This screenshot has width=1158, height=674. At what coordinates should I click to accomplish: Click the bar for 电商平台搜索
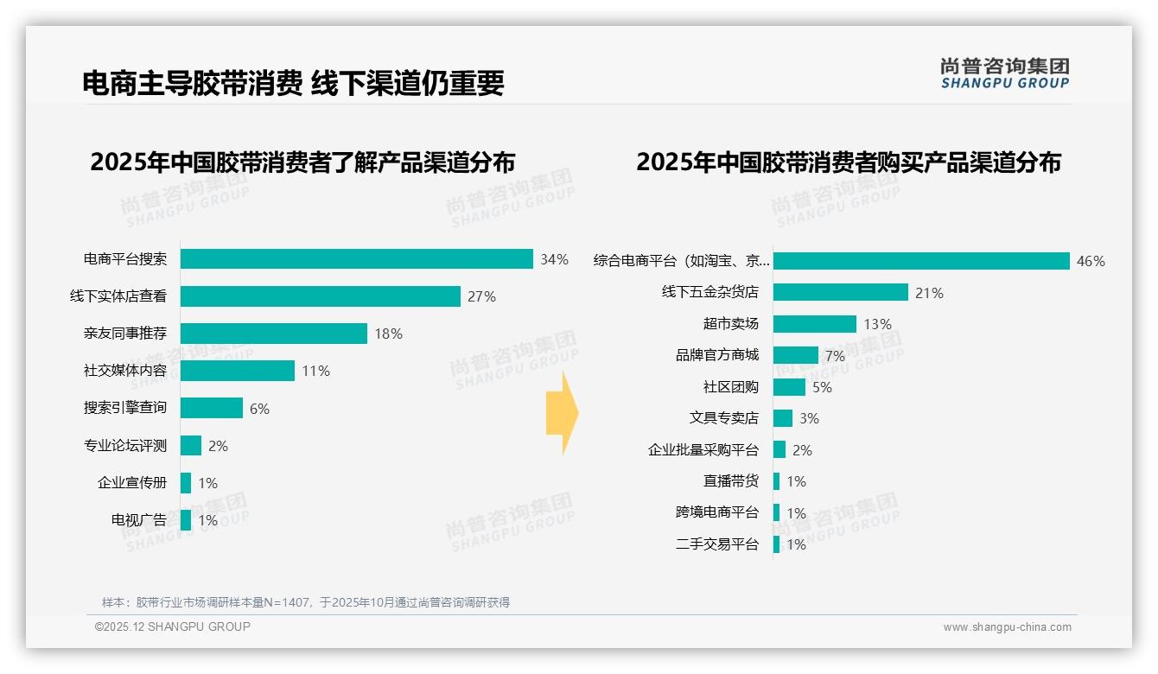(356, 259)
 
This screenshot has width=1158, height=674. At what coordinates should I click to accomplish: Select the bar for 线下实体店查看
(320, 296)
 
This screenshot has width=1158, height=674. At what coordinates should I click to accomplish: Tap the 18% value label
(388, 334)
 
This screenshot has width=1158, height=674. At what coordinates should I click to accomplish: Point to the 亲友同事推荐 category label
(124, 334)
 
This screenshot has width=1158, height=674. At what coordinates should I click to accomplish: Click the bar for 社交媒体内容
(237, 371)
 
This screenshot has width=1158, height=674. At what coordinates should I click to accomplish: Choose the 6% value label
(259, 409)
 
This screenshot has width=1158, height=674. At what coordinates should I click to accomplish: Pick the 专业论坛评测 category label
(124, 446)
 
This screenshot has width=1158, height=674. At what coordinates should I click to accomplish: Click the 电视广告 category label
(138, 520)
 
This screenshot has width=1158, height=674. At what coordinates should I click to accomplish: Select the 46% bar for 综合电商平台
(921, 261)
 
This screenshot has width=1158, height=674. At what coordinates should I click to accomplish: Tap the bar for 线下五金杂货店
(840, 292)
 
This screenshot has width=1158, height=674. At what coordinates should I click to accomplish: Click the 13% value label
(877, 324)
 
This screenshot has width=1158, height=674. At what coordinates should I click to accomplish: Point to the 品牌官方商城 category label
(716, 355)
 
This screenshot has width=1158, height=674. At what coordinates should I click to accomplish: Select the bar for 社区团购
(789, 387)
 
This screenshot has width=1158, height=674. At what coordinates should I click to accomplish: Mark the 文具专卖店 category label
(723, 418)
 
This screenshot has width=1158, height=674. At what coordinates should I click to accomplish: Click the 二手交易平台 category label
(716, 544)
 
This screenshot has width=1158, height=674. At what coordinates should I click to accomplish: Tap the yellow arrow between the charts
(562, 413)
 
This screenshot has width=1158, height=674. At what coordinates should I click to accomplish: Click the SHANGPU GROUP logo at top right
(1004, 73)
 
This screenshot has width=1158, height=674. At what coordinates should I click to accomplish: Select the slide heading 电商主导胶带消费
(191, 83)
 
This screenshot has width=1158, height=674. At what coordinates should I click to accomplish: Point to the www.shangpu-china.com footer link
(1007, 627)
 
